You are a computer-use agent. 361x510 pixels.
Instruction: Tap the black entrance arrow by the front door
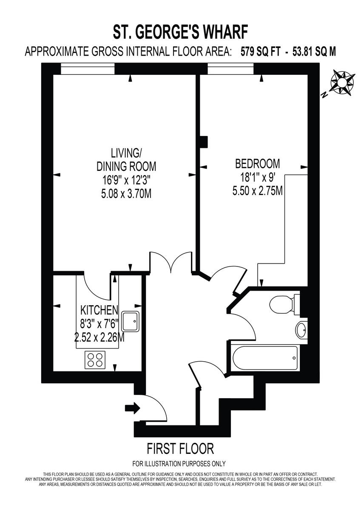click(x=132, y=408)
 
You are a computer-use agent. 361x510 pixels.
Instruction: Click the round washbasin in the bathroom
click(x=301, y=330)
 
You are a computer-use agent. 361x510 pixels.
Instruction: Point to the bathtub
click(x=264, y=358)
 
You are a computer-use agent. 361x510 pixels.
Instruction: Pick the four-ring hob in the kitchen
click(x=96, y=360)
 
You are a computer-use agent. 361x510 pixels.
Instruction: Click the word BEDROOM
click(x=258, y=163)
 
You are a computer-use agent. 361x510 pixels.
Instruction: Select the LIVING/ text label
click(x=126, y=153)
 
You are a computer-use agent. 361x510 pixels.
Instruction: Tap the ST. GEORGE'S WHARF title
click(x=180, y=32)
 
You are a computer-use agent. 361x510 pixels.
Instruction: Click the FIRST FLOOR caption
click(x=180, y=448)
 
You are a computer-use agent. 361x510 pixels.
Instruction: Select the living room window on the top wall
click(x=88, y=68)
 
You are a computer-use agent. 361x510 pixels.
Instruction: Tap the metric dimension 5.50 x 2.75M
click(x=258, y=191)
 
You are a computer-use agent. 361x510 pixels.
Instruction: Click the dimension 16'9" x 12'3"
click(x=126, y=180)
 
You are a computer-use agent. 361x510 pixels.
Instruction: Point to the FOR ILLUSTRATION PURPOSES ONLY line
click(x=179, y=464)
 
